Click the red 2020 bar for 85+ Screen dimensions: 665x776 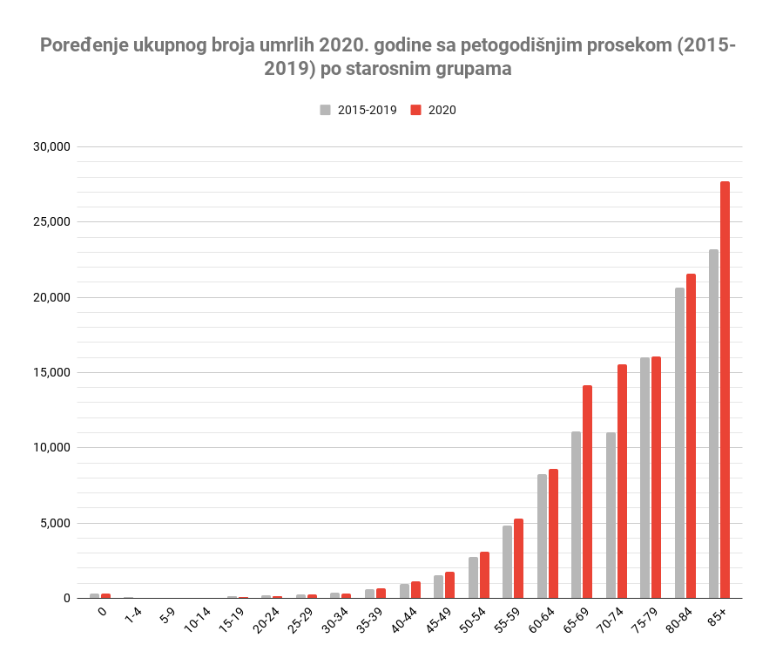(725, 390)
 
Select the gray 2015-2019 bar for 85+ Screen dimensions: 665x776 (713, 424)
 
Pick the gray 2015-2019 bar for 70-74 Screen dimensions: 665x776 (611, 515)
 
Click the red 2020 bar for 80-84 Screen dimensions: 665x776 (691, 436)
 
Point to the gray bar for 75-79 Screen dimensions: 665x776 (644, 478)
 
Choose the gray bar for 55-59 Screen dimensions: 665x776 (507, 562)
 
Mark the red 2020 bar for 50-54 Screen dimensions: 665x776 (484, 575)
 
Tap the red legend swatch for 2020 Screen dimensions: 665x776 (415, 110)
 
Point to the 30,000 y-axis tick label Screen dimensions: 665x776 (51, 146)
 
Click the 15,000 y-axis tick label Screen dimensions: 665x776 (51, 372)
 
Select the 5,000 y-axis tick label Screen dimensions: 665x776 (55, 523)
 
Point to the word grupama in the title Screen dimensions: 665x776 (467, 69)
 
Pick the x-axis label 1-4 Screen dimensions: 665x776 (133, 616)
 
